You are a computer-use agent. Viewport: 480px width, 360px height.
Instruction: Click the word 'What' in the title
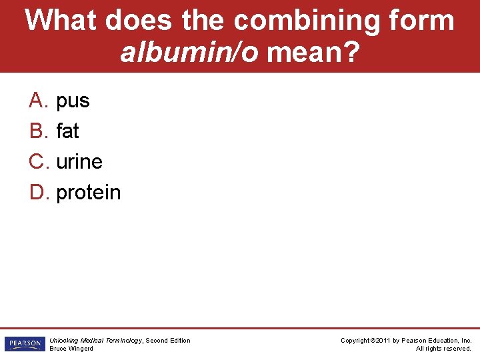pos(60,21)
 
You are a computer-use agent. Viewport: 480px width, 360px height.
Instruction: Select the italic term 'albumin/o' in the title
pos(189,52)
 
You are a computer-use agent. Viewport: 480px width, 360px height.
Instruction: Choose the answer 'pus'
pos(73,101)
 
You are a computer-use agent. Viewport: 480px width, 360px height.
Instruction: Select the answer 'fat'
pos(67,131)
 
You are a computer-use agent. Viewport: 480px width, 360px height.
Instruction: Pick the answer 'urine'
pos(79,162)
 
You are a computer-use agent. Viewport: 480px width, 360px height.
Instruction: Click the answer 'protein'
pos(89,193)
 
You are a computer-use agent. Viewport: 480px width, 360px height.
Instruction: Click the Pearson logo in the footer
pos(24,344)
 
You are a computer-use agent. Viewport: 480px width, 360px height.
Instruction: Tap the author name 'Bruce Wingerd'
pos(71,349)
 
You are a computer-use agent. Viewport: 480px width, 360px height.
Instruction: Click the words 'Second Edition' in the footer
pos(168,341)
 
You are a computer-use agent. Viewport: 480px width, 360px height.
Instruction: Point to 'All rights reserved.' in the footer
pos(443,349)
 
